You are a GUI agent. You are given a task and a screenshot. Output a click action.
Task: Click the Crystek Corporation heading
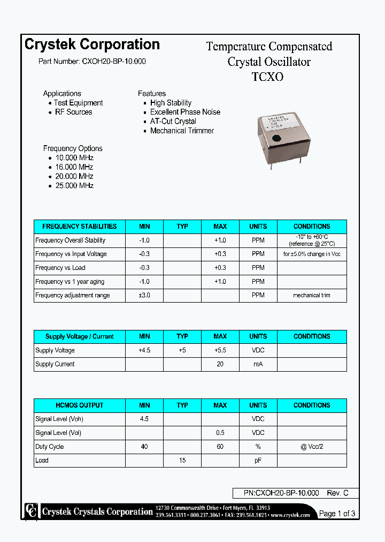(x=92, y=44)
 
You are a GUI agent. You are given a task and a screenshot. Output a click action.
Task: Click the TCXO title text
(x=267, y=77)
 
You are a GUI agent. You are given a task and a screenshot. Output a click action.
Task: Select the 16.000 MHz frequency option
(x=74, y=167)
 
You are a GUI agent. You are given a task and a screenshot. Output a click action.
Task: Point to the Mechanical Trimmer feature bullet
(x=182, y=131)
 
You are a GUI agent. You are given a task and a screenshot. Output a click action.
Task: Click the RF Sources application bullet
(x=73, y=112)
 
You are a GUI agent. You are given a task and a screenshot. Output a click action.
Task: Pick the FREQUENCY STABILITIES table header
(x=79, y=227)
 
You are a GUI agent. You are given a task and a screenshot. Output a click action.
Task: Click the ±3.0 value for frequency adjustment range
(x=144, y=296)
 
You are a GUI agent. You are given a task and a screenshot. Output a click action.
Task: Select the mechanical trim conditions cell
(x=312, y=296)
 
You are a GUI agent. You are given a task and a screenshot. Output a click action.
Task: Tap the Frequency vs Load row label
(x=60, y=268)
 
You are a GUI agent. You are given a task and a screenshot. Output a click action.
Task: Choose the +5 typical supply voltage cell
(x=182, y=350)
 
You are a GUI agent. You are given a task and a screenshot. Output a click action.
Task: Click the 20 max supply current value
(x=220, y=364)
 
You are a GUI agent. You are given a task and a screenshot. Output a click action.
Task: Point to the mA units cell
(x=258, y=364)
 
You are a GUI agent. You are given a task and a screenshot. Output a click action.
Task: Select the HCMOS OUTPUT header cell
(x=79, y=405)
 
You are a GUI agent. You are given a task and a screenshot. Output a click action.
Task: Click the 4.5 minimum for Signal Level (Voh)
(x=144, y=419)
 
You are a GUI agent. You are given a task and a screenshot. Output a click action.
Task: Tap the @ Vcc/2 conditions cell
(x=312, y=447)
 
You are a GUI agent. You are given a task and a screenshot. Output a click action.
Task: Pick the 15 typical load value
(x=182, y=461)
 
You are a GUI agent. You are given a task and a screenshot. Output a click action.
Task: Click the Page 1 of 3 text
(x=337, y=514)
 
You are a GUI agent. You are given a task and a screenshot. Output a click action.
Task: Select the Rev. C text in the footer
(x=338, y=493)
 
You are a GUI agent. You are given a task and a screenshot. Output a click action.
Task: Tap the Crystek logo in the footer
(x=32, y=511)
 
